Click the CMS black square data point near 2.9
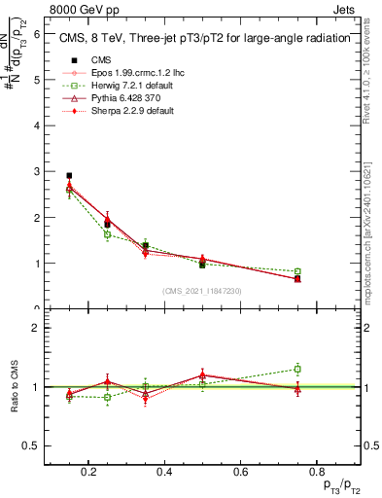click(x=69, y=176)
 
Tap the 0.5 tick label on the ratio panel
click(x=32, y=445)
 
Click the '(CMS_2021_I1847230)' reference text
click(x=202, y=291)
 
